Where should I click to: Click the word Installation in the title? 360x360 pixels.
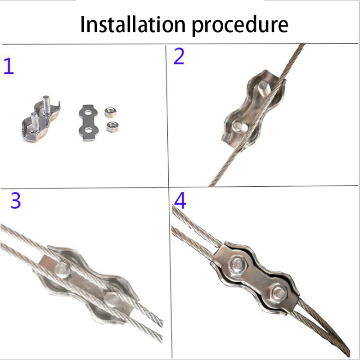click(x=133, y=24)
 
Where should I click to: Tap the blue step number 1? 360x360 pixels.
click(x=9, y=66)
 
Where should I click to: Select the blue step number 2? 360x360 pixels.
click(x=179, y=56)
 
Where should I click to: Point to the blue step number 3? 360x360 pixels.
click(x=16, y=200)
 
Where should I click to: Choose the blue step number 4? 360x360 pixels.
click(x=180, y=201)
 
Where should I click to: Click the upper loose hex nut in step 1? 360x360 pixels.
click(x=110, y=112)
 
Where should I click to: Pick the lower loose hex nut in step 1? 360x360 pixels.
click(x=112, y=127)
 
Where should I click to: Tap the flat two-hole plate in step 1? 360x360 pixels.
click(x=88, y=122)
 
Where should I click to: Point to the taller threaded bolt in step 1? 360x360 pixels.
click(x=47, y=105)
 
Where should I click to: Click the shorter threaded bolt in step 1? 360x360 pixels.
click(x=35, y=122)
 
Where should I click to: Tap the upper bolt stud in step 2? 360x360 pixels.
click(x=264, y=88)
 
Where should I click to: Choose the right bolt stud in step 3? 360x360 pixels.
click(x=112, y=299)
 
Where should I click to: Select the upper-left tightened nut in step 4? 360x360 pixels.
click(x=238, y=265)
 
